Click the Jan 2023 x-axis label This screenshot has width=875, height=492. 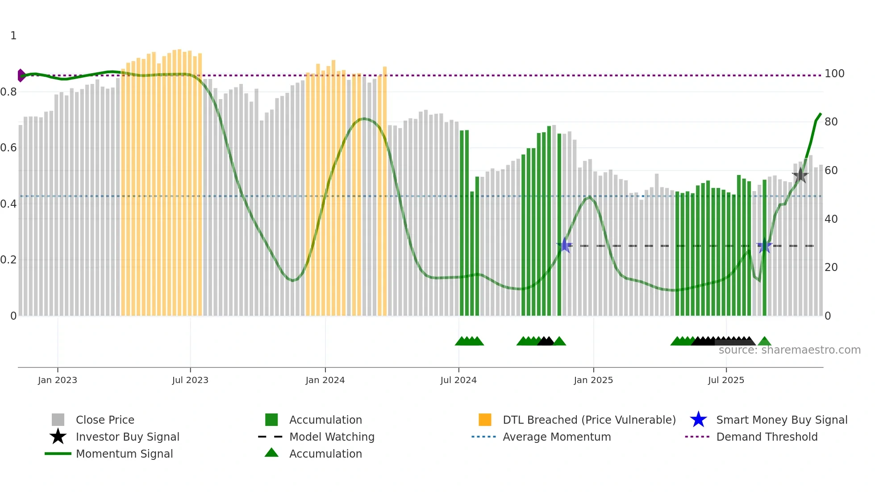click(x=58, y=380)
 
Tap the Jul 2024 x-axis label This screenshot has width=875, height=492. click(x=458, y=380)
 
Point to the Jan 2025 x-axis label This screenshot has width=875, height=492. click(x=593, y=380)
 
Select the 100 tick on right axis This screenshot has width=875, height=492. click(x=834, y=74)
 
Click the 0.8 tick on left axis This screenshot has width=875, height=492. click(x=8, y=92)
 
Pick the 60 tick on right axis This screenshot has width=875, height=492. click(x=831, y=171)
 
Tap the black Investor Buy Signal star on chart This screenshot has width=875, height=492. click(x=800, y=175)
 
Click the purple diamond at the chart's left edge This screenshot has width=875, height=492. click(x=21, y=75)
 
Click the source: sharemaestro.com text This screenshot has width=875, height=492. click(x=789, y=350)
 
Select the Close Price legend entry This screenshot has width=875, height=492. click(x=105, y=420)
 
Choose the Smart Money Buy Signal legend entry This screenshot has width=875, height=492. click(x=781, y=420)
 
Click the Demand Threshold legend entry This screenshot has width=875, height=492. click(x=767, y=437)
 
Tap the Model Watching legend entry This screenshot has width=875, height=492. click(x=332, y=437)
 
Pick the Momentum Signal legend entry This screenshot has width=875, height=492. click(x=124, y=454)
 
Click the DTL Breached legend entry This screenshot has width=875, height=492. click(x=589, y=420)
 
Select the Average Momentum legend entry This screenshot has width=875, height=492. click(x=557, y=437)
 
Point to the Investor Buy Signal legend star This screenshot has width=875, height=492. click(x=58, y=437)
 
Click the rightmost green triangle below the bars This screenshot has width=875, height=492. click(x=764, y=342)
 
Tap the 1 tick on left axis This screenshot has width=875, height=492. click(x=13, y=36)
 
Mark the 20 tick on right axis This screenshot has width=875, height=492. click(x=831, y=267)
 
